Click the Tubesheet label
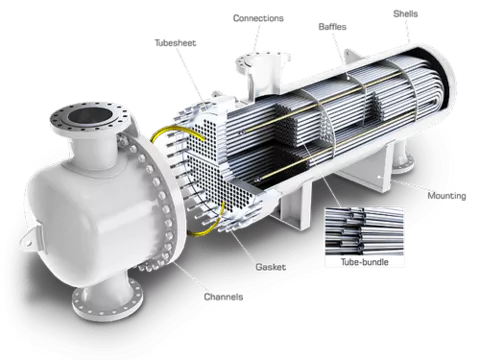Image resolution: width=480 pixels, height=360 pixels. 175,43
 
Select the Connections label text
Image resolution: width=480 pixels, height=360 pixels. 258,18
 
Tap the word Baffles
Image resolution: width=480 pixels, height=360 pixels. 332,27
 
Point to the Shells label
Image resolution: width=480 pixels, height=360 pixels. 405,14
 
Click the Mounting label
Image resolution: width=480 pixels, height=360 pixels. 447,196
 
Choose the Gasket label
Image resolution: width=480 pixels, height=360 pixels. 271,267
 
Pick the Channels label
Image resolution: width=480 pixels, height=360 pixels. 223,297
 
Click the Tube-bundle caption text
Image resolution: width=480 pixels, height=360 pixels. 364,262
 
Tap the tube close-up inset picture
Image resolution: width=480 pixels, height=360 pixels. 364,231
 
